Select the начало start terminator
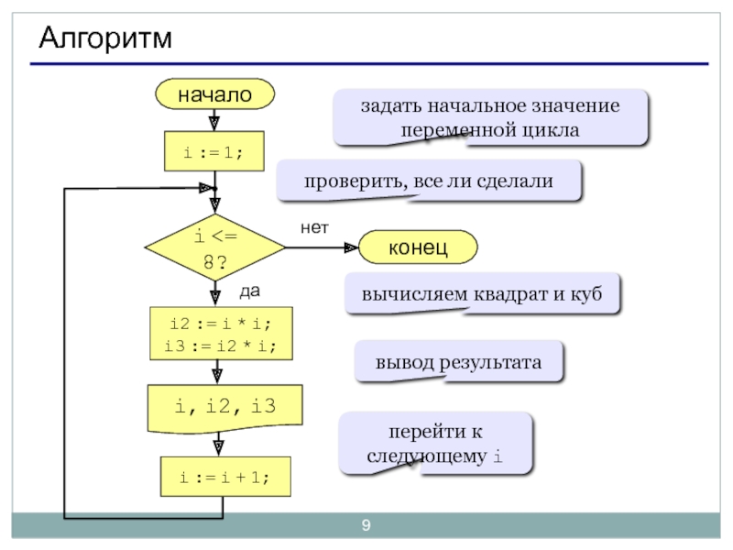point(214,93)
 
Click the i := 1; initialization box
point(213,152)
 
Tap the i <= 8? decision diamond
point(214,248)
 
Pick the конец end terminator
point(418,247)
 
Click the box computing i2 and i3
point(220,334)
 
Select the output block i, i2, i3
point(224,406)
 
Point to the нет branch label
point(313,226)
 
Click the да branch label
point(249,291)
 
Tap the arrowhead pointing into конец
point(351,247)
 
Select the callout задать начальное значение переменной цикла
point(489,117)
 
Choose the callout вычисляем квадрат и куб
point(482,294)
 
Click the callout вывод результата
point(458,362)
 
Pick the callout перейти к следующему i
point(435,443)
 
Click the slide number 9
point(366,525)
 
